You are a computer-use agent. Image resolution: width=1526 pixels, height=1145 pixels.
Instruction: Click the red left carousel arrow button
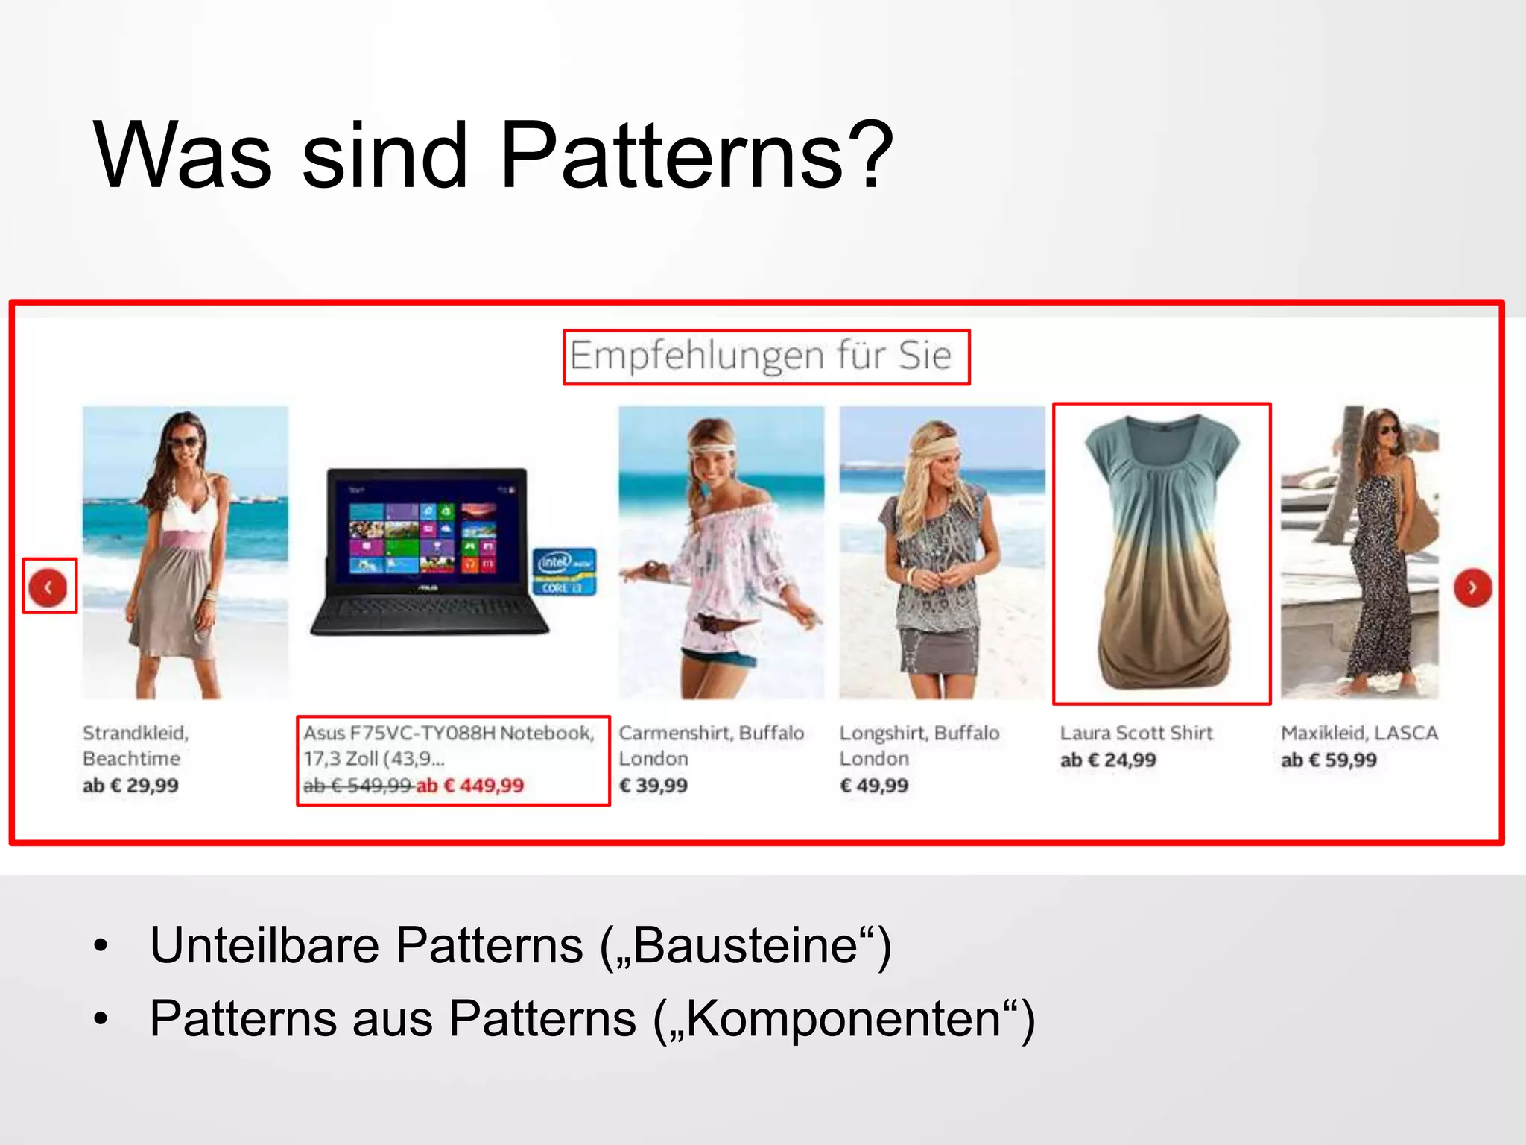(x=48, y=587)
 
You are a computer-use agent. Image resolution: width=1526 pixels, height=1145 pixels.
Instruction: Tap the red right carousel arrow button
(x=1472, y=587)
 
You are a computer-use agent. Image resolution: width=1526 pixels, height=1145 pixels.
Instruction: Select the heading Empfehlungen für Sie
(x=761, y=356)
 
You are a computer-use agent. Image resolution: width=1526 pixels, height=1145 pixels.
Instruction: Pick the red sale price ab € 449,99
(x=470, y=786)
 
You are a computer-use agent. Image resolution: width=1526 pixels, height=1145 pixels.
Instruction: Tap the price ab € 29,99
(x=131, y=786)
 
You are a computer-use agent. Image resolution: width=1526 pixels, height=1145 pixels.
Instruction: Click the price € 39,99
(x=653, y=786)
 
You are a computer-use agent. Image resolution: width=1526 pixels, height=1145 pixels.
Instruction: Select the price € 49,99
(x=874, y=786)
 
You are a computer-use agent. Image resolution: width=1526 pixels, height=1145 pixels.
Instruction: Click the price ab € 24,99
(x=1108, y=760)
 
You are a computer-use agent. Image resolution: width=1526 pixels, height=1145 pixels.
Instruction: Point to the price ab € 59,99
(x=1329, y=760)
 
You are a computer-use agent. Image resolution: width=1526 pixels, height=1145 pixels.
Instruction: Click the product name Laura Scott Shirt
(x=1136, y=734)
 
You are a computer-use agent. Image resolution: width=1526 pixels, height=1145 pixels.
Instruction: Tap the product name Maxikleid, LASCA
(x=1359, y=734)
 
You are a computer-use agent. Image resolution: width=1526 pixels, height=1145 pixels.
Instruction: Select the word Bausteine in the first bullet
(x=745, y=946)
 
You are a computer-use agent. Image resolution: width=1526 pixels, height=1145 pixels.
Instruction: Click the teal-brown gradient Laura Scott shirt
(x=1161, y=552)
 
